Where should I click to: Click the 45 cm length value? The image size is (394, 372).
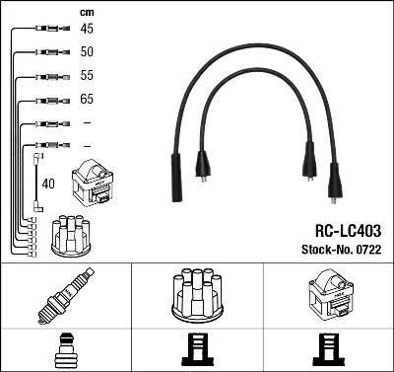coord(87,29)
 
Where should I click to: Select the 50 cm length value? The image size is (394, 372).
coord(87,51)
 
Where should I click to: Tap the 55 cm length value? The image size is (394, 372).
coord(87,75)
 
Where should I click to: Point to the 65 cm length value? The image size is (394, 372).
coord(87,99)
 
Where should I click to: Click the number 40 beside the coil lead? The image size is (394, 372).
coord(48,184)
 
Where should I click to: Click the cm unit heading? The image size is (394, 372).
coord(87,13)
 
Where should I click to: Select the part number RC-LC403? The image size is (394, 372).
coord(348,231)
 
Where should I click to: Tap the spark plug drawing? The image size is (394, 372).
coord(66,295)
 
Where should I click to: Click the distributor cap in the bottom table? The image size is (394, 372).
coord(197,295)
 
